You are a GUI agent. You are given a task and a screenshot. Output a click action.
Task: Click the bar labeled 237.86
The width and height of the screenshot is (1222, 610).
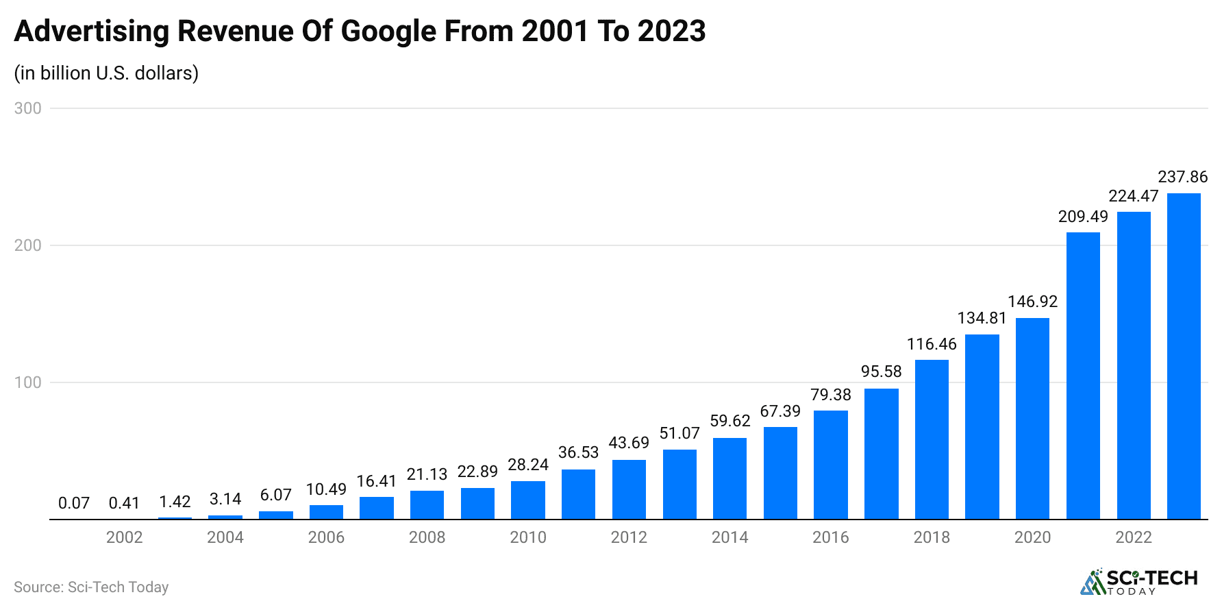coord(1184,356)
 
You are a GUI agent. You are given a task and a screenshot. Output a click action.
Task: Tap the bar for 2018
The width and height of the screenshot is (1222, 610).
coord(932,439)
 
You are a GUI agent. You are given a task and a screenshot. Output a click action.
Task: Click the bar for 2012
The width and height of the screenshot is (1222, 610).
coord(629,489)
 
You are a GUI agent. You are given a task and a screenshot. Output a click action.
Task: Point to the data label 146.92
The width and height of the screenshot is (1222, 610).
coord(1032,302)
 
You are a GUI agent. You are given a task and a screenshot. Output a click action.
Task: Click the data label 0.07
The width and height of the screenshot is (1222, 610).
coord(74,503)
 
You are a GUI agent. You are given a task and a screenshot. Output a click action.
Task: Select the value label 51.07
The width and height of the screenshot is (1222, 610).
coord(679,433)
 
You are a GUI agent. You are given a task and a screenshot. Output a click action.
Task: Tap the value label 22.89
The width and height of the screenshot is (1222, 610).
coord(477,472)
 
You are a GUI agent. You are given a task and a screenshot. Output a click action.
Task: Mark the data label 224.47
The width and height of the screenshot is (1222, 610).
coord(1134,196)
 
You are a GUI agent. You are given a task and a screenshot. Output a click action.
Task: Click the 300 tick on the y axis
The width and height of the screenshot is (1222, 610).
coord(28,108)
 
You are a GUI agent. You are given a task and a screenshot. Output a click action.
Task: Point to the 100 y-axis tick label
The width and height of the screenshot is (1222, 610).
coord(28,382)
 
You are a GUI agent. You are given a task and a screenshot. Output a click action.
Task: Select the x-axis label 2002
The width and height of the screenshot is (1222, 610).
coord(125,537)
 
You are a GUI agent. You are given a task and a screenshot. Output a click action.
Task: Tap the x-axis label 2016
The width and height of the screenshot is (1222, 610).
coord(831,537)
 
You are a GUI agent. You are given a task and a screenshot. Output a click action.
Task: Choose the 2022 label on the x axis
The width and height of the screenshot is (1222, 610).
coord(1134,537)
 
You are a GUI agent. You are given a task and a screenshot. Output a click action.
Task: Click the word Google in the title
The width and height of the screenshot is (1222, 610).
coord(388,32)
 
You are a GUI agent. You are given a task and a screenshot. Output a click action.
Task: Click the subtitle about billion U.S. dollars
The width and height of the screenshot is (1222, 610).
coord(106,73)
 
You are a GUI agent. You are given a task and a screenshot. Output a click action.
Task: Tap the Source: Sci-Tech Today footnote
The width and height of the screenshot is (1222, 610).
coord(91,587)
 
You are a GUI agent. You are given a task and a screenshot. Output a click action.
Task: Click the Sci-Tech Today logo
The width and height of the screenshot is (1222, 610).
coord(1139,582)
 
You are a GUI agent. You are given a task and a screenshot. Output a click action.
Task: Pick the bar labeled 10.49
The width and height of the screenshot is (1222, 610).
coord(326,512)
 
